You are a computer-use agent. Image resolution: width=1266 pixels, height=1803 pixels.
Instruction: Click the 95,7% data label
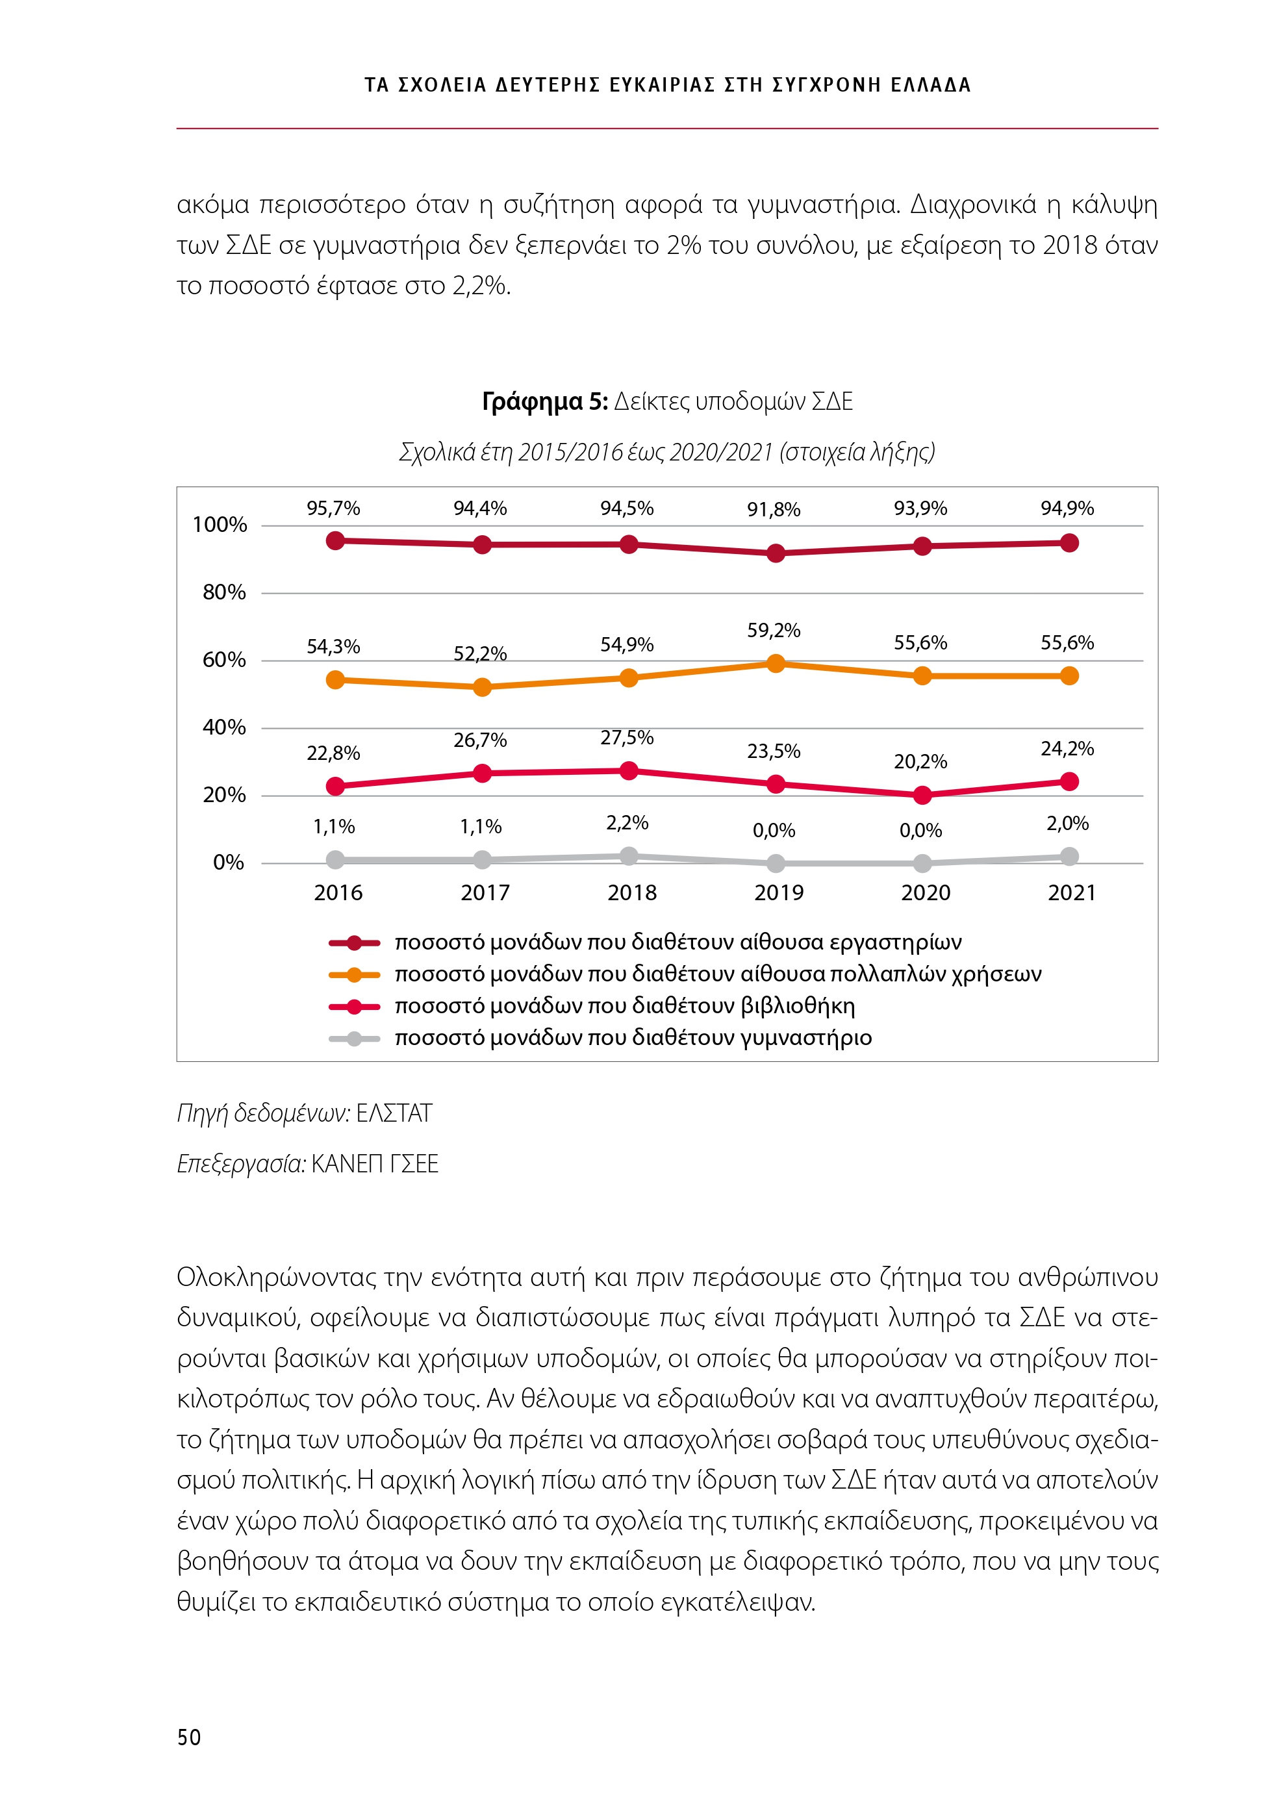[333, 509]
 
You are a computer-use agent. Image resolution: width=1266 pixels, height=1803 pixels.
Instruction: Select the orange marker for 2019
[775, 664]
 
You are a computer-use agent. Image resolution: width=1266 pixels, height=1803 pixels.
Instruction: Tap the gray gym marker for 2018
[628, 856]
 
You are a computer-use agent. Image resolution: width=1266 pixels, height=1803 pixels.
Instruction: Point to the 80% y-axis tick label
[224, 593]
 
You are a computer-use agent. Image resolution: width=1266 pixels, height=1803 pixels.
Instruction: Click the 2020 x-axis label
[925, 893]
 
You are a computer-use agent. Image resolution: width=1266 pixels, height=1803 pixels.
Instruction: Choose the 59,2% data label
[774, 631]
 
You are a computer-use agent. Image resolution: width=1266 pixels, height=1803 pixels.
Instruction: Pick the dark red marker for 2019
[775, 553]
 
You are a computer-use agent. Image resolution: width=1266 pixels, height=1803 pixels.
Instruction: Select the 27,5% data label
[627, 738]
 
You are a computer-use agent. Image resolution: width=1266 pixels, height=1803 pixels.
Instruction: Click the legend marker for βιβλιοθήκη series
[354, 1007]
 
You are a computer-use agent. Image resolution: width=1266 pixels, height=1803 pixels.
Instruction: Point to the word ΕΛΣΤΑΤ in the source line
[394, 1113]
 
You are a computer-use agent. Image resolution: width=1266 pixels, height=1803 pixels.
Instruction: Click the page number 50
[189, 1736]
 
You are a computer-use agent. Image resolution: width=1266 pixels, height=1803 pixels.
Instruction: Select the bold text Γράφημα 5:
[544, 402]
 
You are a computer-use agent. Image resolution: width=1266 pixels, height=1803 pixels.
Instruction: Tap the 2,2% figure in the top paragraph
[481, 286]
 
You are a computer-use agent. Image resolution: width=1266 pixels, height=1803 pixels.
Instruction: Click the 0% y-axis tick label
[229, 863]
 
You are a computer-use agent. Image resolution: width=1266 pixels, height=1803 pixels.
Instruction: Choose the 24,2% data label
[1067, 749]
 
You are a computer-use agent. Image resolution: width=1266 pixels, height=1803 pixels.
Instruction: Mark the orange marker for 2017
[482, 687]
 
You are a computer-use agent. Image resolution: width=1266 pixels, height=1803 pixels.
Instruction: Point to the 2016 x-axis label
[338, 893]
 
